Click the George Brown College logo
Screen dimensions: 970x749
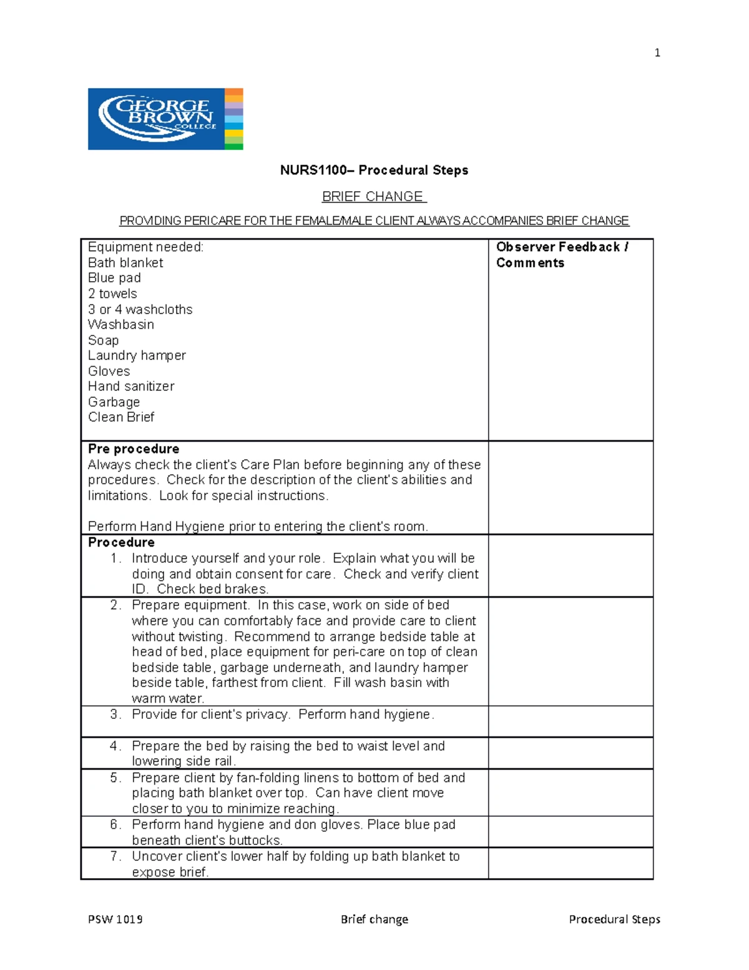165,119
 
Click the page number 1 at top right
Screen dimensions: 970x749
657,53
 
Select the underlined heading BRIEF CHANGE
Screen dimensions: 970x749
373,196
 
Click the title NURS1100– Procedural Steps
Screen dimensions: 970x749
374,170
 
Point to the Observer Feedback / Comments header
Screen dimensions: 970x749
561,255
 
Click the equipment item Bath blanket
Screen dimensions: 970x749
125,263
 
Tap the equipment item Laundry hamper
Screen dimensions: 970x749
137,355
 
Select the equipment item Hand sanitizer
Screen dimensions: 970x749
131,387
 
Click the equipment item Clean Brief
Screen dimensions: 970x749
121,417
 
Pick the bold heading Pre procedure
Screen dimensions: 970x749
134,449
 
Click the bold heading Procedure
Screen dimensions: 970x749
121,542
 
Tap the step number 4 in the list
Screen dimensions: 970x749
115,746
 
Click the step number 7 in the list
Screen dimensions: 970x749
115,856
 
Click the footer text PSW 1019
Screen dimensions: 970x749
115,919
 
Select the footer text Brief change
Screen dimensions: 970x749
374,919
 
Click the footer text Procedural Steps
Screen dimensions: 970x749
614,919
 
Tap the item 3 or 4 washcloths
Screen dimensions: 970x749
140,309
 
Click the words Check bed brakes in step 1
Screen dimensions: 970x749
212,589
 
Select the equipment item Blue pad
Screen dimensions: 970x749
114,278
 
